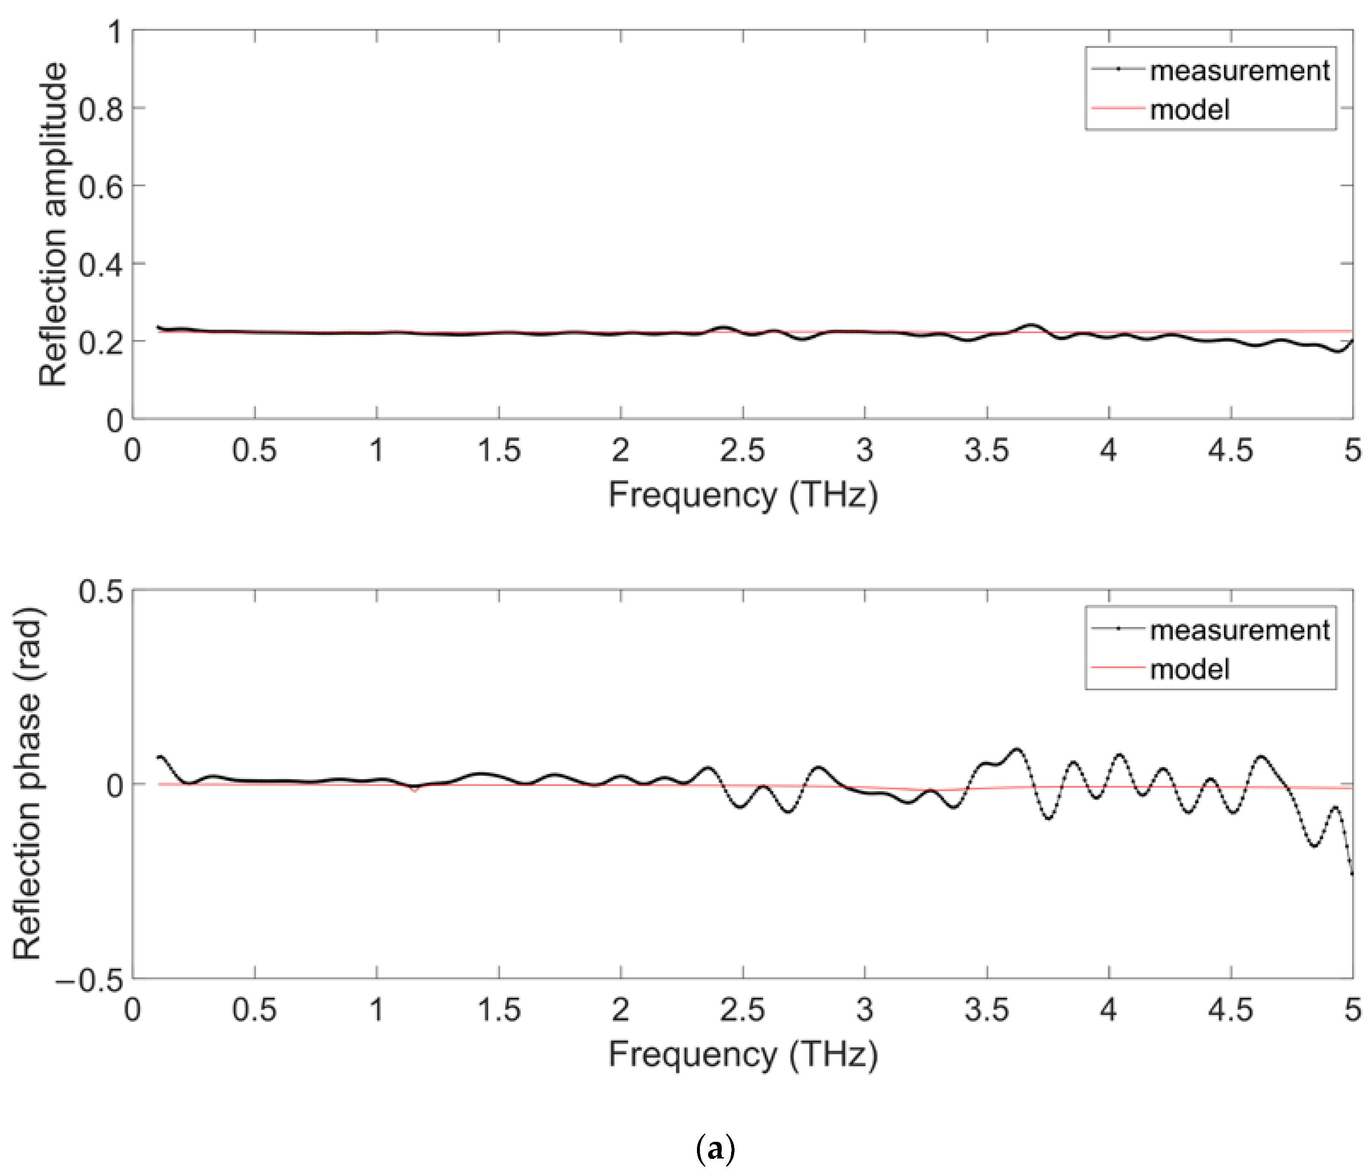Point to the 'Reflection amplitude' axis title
click(53, 224)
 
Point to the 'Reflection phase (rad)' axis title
click(28, 784)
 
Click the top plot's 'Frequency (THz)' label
click(743, 494)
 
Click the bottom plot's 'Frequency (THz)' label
click(743, 1054)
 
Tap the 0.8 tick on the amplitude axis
click(100, 109)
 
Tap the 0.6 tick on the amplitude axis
click(100, 187)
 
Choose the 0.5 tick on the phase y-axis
click(100, 591)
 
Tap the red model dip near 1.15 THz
click(415, 790)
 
